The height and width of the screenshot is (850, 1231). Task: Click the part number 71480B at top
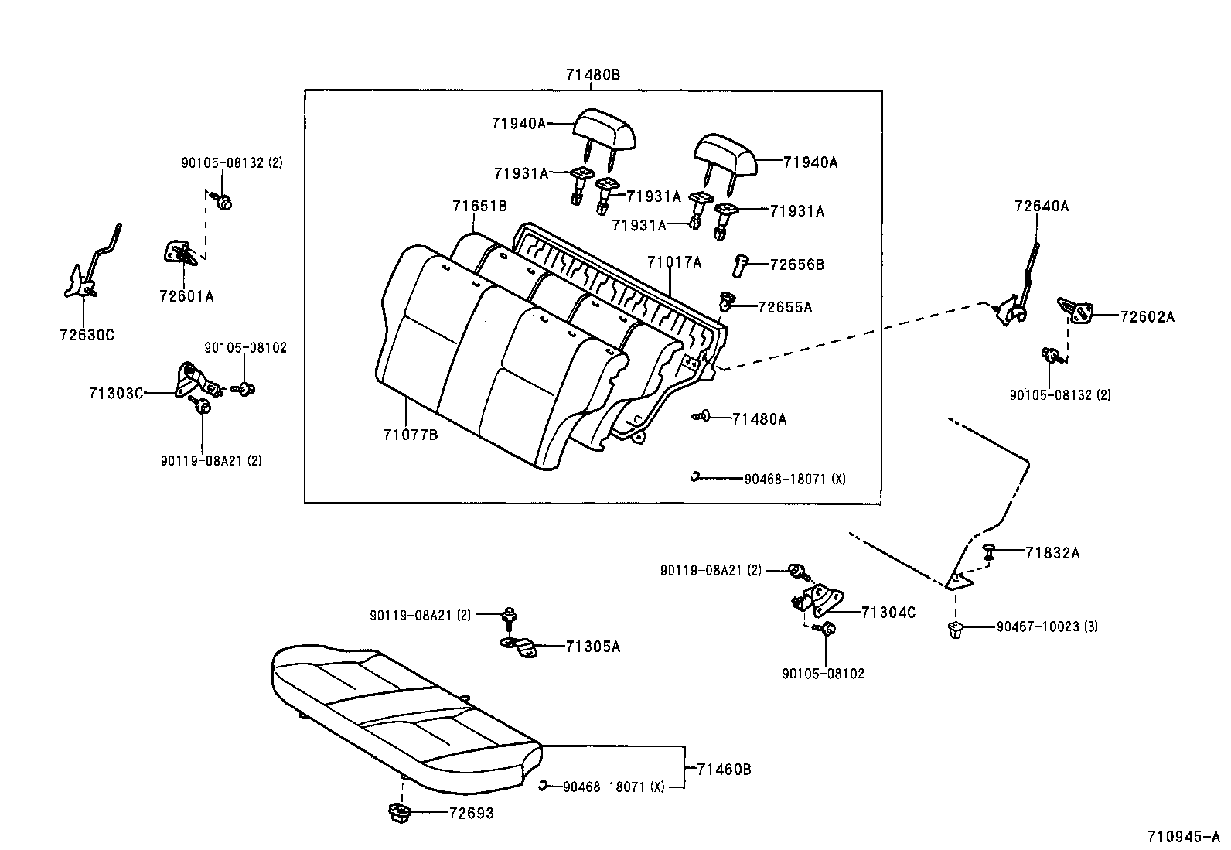[592, 75]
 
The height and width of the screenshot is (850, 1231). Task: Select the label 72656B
[796, 265]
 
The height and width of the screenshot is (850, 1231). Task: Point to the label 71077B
[410, 435]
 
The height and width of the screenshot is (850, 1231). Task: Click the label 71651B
[479, 206]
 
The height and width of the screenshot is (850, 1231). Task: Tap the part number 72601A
[186, 295]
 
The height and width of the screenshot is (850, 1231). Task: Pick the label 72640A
[1041, 207]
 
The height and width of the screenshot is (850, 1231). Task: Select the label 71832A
[1052, 553]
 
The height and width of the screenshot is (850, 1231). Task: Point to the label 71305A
[592, 647]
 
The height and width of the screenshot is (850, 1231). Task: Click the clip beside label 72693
[399, 813]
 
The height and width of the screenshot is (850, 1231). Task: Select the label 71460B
[724, 770]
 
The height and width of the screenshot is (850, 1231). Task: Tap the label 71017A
[674, 262]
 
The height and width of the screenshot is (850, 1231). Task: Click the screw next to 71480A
[701, 417]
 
